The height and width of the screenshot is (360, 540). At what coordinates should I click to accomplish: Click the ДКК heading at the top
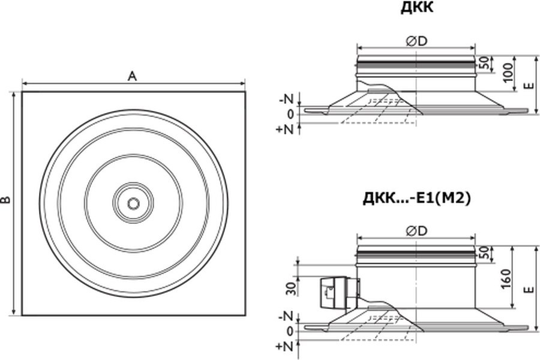[417, 8]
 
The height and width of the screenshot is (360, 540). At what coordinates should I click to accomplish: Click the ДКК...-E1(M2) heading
[416, 199]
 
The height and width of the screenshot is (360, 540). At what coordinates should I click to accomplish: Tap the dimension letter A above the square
[132, 76]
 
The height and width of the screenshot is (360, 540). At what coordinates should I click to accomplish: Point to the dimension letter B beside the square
[7, 200]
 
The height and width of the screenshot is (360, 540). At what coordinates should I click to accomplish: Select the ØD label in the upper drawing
[416, 41]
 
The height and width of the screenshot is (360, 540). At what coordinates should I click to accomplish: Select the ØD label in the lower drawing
[416, 231]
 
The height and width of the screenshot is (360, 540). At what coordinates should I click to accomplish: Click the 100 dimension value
[508, 73]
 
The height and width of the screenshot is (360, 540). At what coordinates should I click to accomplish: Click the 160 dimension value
[506, 278]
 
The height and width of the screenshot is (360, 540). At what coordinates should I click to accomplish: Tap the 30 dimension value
[292, 289]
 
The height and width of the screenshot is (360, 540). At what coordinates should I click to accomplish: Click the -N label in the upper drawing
[287, 100]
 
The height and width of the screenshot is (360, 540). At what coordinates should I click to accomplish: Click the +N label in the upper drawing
[284, 130]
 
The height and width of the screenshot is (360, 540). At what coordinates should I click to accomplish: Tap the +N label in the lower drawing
[284, 346]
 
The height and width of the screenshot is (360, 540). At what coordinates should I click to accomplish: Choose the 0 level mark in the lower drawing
[290, 332]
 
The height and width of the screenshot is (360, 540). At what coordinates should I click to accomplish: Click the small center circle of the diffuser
[133, 203]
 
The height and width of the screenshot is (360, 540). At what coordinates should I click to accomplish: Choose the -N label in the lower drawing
[287, 316]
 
